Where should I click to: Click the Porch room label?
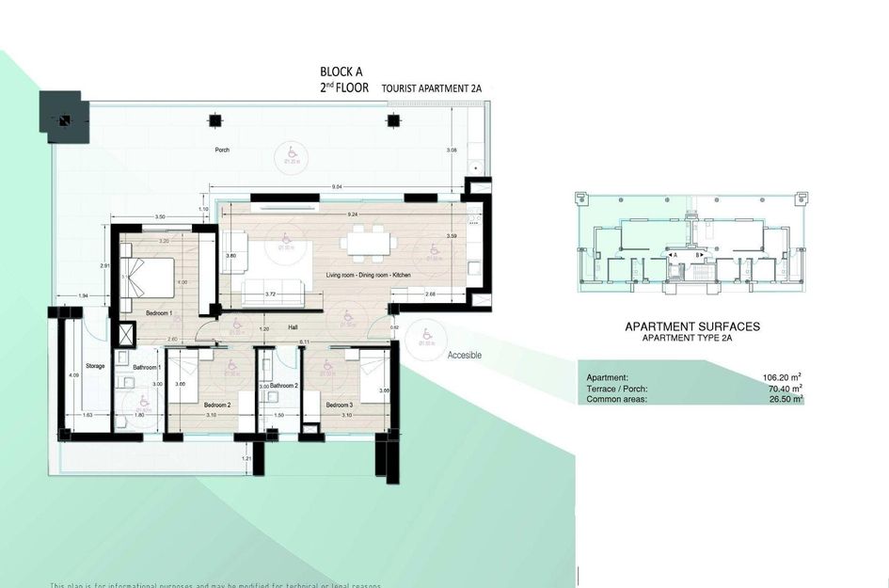[x=222, y=150]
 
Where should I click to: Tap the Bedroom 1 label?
[x=157, y=312]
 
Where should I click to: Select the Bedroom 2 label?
[x=218, y=405]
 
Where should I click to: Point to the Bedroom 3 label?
[x=340, y=405]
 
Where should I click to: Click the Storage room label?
[x=95, y=366]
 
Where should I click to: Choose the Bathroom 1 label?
[x=147, y=367]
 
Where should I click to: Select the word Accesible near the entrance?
[x=465, y=355]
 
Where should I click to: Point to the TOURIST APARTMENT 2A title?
[x=432, y=87]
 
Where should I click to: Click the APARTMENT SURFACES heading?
[x=692, y=326]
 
